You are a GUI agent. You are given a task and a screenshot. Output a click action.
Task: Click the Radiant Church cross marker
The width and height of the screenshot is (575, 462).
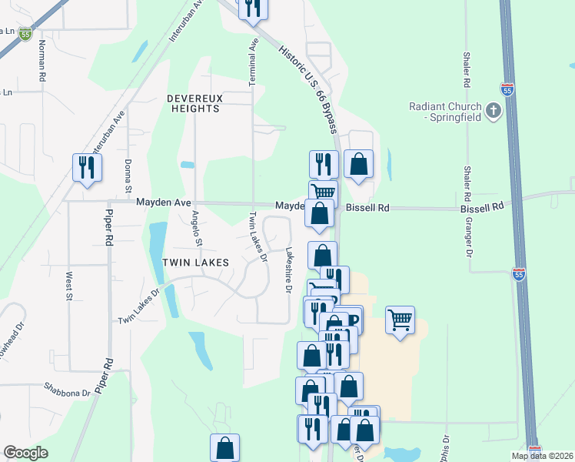coord(494,112)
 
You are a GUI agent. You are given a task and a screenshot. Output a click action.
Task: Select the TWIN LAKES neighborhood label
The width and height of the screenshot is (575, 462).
coord(195,263)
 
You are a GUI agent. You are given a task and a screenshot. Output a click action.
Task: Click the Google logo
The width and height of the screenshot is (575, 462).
coord(25,453)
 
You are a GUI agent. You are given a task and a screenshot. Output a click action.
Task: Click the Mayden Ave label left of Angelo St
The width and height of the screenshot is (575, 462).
coord(163,202)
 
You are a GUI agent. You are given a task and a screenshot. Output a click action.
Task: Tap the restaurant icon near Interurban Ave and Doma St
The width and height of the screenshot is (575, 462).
coord(87,167)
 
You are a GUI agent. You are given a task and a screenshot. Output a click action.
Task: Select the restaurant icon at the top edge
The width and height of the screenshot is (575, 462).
coord(252,8)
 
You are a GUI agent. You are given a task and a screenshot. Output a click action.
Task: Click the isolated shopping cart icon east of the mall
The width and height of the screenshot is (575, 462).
coord(400,318)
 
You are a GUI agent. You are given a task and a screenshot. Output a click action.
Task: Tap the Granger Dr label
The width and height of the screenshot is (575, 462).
coord(468,236)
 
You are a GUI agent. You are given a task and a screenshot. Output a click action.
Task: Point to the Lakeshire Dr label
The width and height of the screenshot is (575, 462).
coord(289,270)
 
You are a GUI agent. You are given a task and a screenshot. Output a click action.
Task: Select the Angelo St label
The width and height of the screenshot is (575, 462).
coord(198,229)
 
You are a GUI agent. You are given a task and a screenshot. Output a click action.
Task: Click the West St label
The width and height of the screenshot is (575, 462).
coord(69,285)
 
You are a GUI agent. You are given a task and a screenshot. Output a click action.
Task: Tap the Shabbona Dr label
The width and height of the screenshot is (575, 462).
coord(67,390)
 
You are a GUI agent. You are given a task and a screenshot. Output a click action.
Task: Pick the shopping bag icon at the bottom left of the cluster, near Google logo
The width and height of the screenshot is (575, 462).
coord(224,447)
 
